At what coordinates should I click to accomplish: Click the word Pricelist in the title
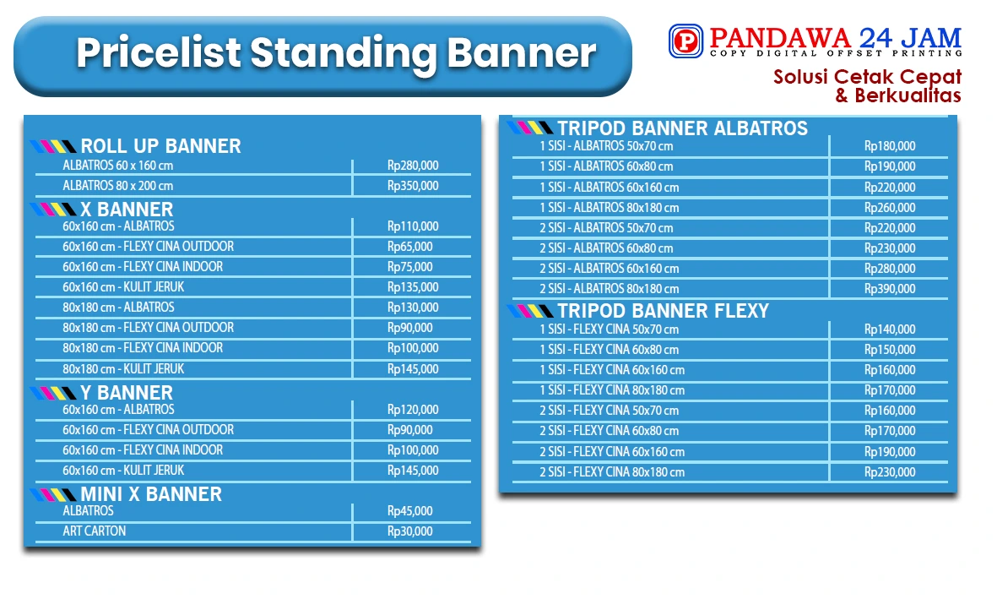(159, 53)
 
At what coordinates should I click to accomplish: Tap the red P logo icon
(685, 41)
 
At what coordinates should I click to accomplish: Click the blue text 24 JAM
(911, 37)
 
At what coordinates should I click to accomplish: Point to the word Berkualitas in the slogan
(908, 95)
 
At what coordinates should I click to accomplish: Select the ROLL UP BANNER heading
(161, 146)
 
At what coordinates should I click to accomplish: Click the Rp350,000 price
(413, 186)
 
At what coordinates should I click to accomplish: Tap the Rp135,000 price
(413, 287)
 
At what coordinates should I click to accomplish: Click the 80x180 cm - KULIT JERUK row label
(123, 368)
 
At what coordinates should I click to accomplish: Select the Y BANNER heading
(127, 392)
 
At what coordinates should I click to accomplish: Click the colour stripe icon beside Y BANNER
(53, 393)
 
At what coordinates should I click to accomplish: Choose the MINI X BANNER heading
(151, 494)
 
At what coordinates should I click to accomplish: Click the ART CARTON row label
(94, 531)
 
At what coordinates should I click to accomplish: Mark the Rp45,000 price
(409, 510)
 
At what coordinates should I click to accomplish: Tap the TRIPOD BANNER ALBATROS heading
(683, 128)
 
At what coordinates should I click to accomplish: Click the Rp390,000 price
(890, 288)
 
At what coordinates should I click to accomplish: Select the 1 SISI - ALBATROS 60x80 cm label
(606, 166)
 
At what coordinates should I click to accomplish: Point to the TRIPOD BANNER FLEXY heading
(664, 311)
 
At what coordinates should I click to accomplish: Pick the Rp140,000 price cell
(890, 329)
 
